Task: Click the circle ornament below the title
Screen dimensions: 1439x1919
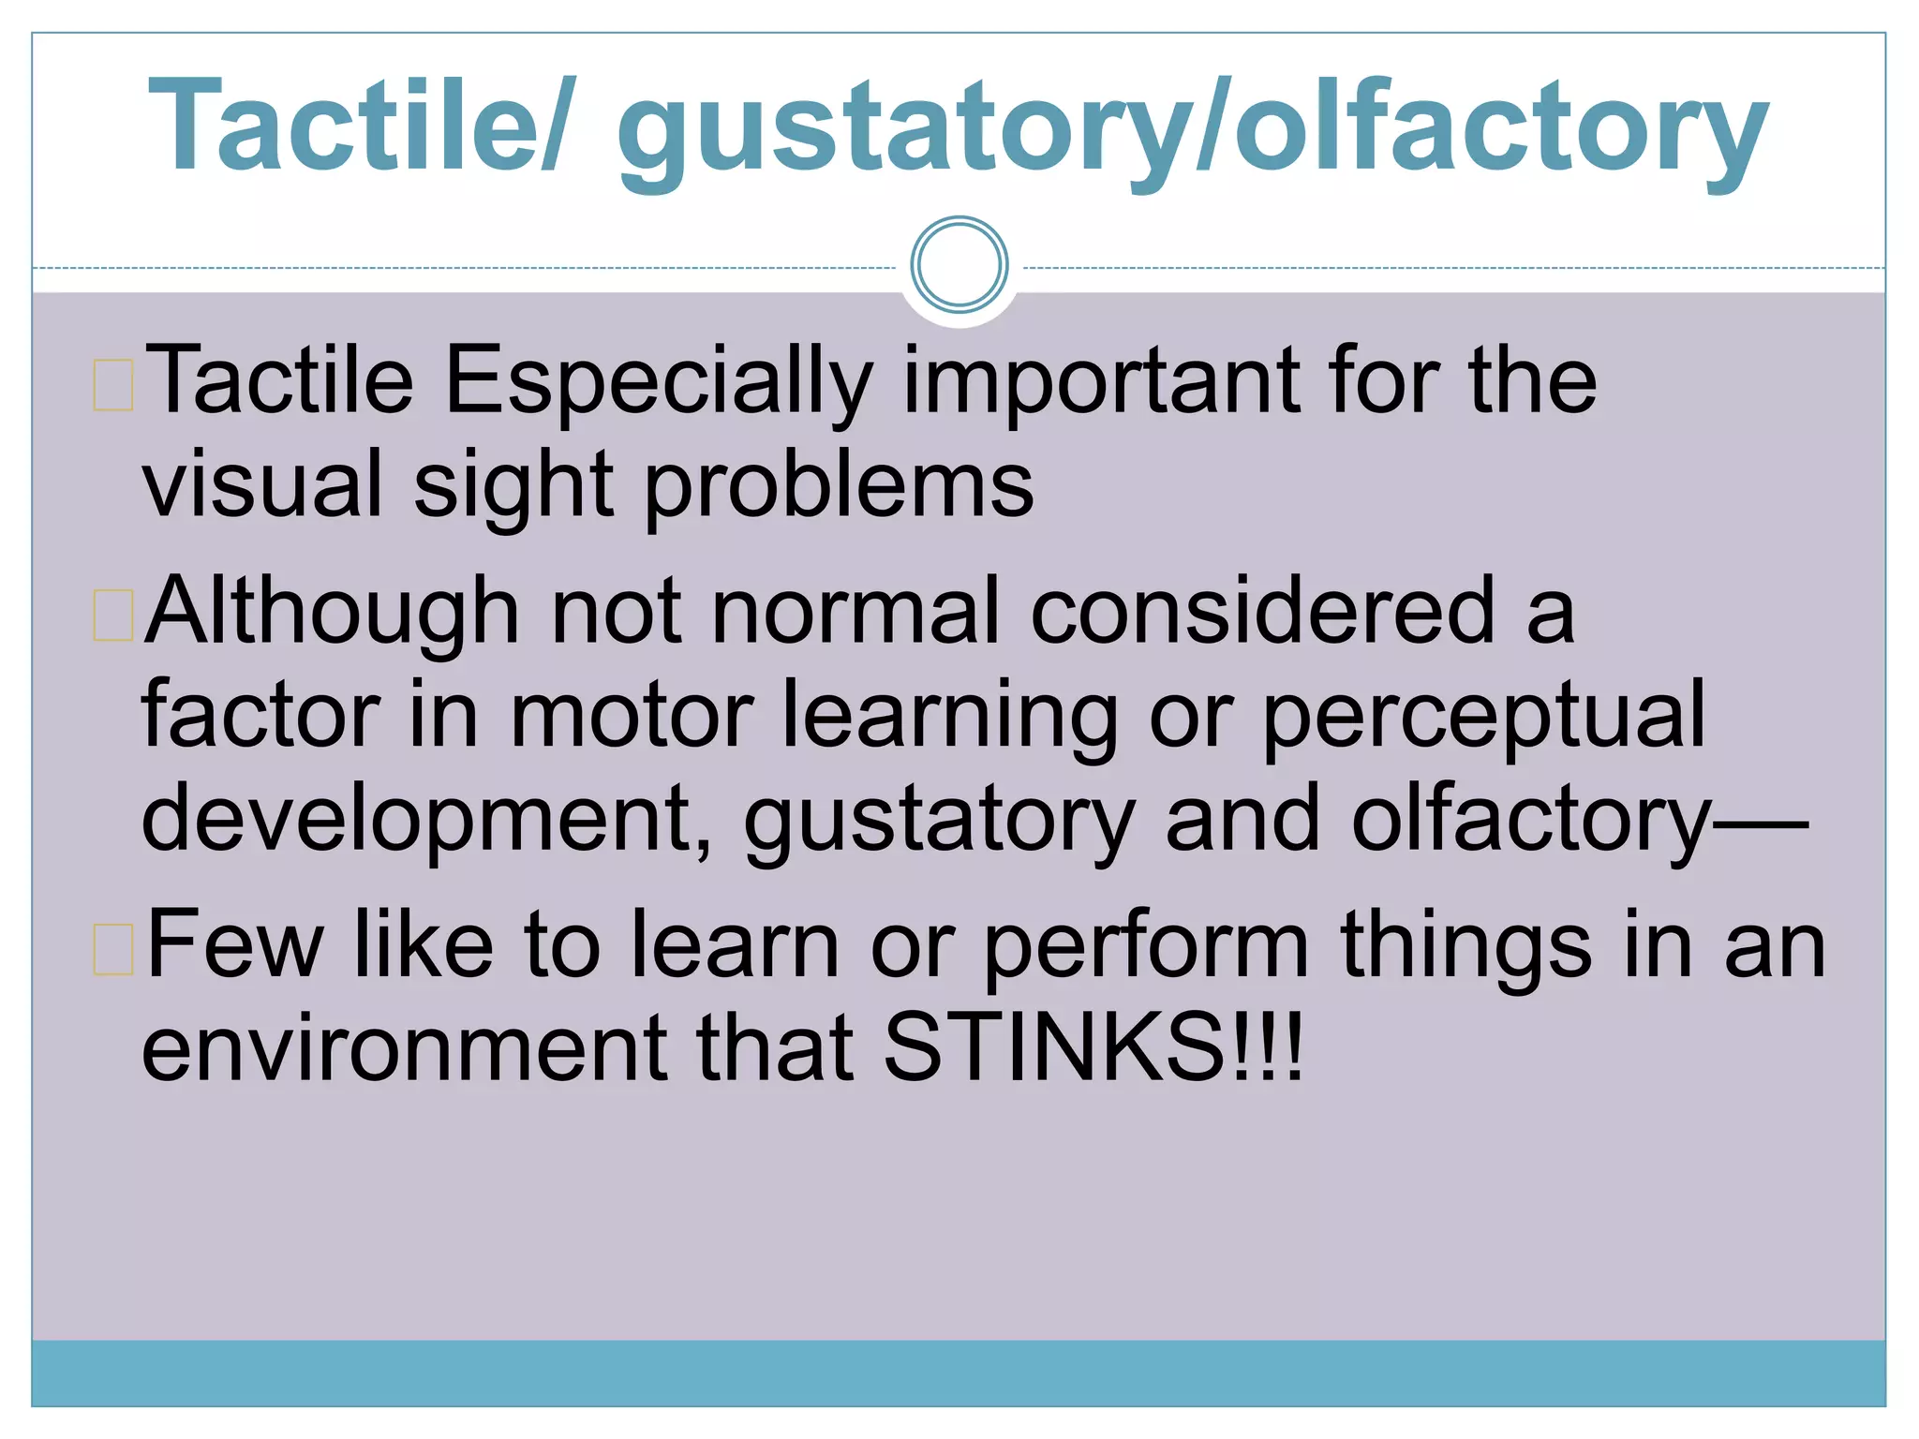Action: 959,264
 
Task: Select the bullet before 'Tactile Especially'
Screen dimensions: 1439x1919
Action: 113,385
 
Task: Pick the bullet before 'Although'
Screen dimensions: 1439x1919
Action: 113,616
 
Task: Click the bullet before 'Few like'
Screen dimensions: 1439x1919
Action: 113,948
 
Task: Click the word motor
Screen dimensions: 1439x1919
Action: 631,716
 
